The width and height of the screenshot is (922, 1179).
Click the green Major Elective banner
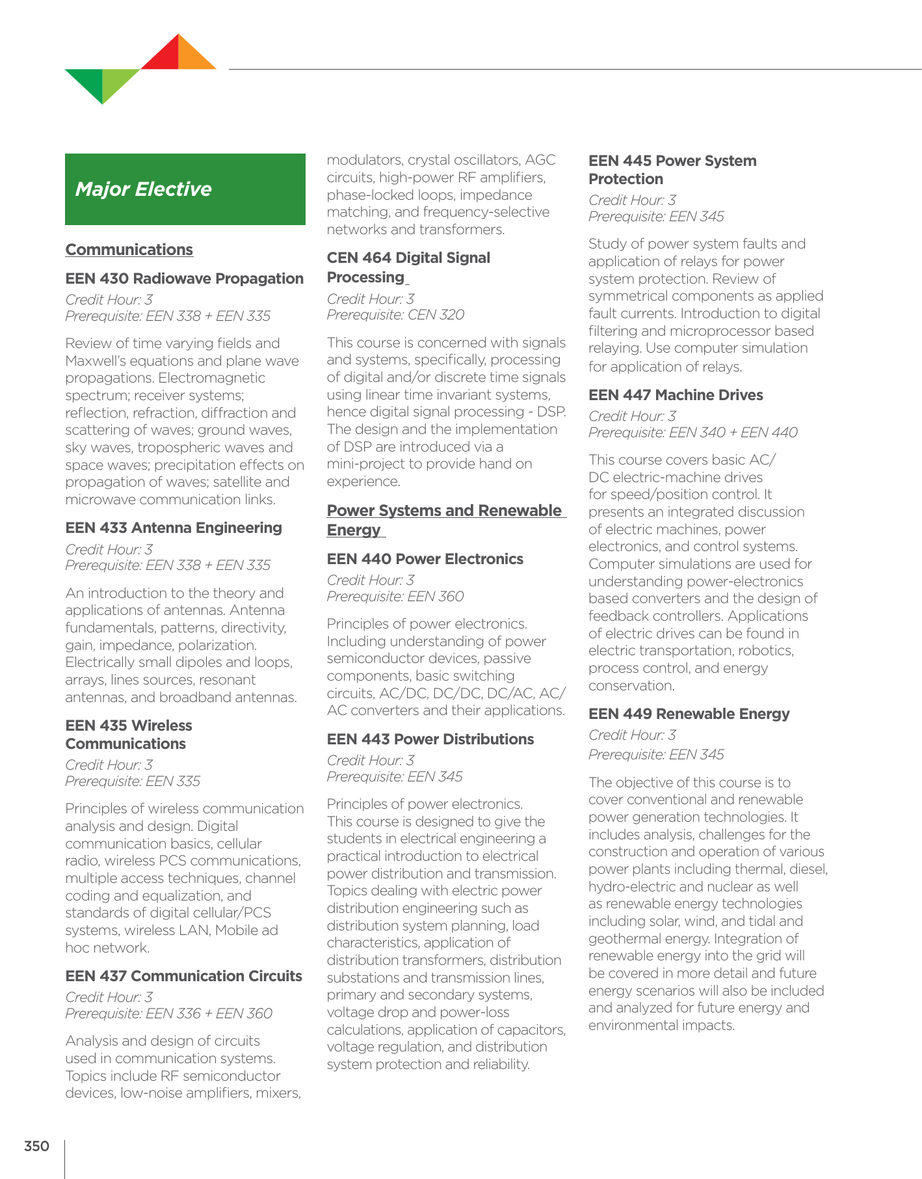point(185,189)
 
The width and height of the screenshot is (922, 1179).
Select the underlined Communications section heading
point(129,250)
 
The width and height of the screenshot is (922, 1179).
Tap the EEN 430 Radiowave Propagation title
point(184,278)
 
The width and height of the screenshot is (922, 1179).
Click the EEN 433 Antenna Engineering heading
point(174,528)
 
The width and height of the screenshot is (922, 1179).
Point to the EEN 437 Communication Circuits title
point(183,976)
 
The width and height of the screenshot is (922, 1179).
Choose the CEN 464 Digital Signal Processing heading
point(408,267)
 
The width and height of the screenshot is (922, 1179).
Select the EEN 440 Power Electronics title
point(425,559)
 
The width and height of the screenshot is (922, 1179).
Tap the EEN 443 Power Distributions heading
point(430,739)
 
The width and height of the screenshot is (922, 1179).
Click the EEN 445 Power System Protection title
point(672,170)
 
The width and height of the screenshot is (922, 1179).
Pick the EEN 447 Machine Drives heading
point(676,395)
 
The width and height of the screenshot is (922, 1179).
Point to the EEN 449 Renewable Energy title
point(689,714)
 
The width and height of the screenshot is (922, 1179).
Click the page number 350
point(36,1146)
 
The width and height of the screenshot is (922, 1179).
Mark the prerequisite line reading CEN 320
point(395,315)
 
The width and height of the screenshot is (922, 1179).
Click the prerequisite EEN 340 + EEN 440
point(692,433)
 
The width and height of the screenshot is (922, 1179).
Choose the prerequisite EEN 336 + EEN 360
point(168,1013)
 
